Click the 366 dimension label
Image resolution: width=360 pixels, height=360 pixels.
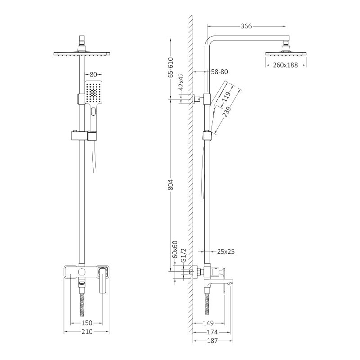click(x=246, y=27)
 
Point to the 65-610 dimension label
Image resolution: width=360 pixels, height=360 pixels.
click(x=171, y=68)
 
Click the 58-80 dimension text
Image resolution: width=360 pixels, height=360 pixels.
click(x=220, y=72)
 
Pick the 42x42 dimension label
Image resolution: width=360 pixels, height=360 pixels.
click(x=181, y=82)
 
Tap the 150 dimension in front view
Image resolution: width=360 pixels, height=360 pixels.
click(x=86, y=323)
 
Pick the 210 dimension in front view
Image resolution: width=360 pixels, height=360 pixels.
click(x=86, y=332)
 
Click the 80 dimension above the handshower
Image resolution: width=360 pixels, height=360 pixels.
click(x=94, y=74)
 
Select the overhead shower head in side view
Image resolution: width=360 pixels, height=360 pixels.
click(x=286, y=53)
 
